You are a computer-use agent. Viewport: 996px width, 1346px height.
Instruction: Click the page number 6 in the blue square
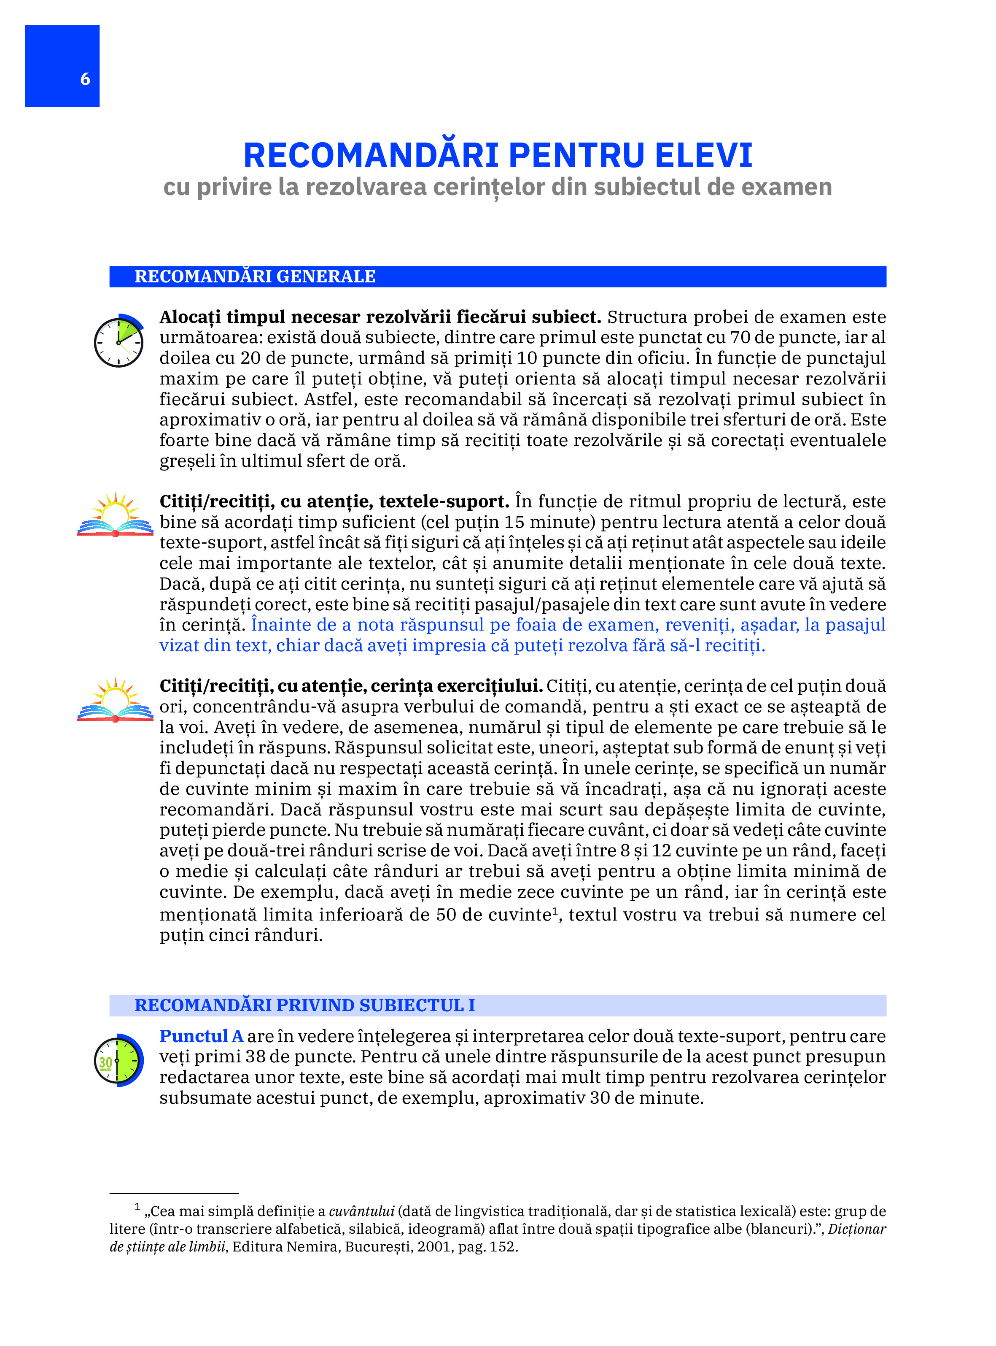pyautogui.click(x=85, y=79)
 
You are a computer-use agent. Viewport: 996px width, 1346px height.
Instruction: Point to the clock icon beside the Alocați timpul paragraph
pyautogui.click(x=119, y=341)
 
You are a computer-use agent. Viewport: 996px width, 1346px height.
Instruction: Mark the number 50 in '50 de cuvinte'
pyautogui.click(x=446, y=915)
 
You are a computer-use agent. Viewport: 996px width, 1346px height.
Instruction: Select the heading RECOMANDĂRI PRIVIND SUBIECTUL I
pyautogui.click(x=304, y=1005)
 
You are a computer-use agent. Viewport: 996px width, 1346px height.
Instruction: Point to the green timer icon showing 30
pyautogui.click(x=119, y=1060)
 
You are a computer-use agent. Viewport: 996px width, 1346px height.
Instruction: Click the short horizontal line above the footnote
pyautogui.click(x=174, y=1193)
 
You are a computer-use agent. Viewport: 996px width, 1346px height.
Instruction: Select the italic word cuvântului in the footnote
pyautogui.click(x=361, y=1211)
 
